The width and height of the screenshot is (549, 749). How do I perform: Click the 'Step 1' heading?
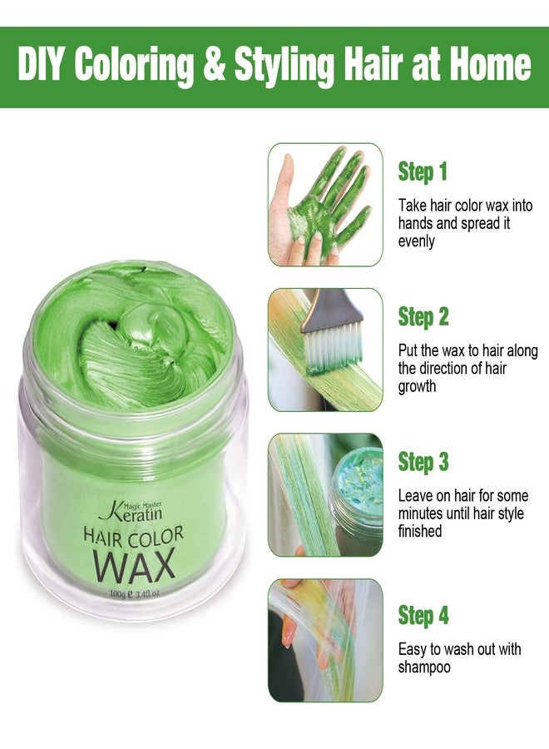[423, 172]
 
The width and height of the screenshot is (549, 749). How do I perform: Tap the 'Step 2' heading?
[423, 317]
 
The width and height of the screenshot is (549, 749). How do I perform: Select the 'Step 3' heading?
[423, 461]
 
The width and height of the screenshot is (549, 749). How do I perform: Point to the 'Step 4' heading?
[423, 616]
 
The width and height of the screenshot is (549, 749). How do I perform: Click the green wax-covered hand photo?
[324, 204]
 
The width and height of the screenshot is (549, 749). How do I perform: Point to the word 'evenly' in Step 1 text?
[417, 241]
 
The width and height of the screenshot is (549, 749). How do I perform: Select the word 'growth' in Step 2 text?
[418, 387]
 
